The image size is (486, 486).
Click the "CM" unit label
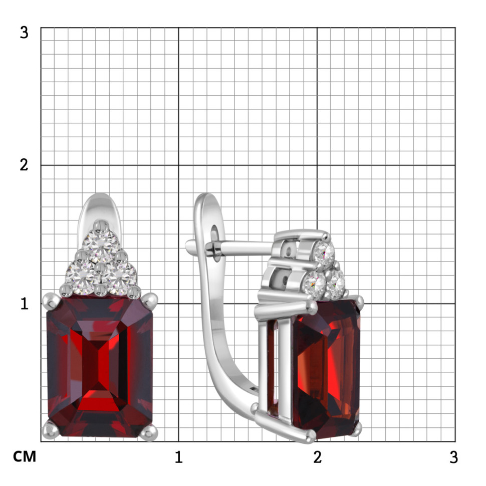point(25,456)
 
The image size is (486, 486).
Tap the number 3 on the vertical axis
point(24,32)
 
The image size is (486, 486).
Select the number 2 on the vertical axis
point(24,165)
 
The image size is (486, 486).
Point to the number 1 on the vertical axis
point(24,304)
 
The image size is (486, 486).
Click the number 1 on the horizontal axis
point(178,457)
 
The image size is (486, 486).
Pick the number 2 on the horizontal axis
point(317,457)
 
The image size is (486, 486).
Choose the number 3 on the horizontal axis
point(454,457)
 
